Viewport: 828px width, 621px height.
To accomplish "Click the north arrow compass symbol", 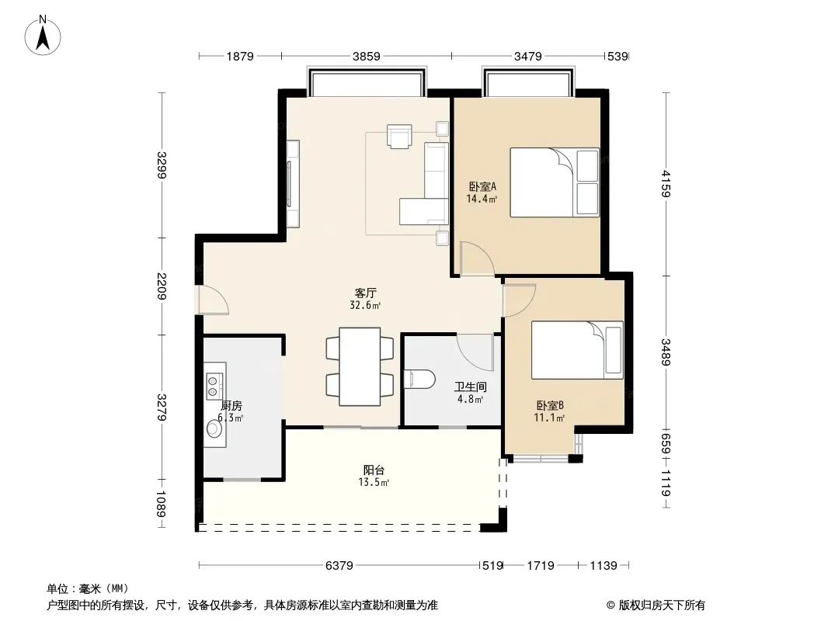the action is [43, 36].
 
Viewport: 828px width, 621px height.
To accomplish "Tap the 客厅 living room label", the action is [365, 293].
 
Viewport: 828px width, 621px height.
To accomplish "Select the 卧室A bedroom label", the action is [482, 187].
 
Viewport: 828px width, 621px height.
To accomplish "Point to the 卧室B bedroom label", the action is [550, 405].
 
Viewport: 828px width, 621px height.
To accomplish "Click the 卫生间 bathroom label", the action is [470, 387].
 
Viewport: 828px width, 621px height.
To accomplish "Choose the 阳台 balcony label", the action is [374, 470].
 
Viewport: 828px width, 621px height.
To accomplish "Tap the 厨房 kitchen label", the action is [231, 406].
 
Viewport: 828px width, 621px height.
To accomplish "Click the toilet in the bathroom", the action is [419, 379].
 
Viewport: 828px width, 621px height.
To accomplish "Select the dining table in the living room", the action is [360, 366].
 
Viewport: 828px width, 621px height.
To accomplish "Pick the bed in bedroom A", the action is [555, 182].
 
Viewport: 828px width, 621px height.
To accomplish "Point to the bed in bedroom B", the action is [577, 350].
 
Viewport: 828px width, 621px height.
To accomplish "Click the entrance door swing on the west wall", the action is [213, 300].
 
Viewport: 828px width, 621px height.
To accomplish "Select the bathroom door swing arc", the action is [475, 352].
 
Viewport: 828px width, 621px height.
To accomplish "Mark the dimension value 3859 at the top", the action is [367, 56].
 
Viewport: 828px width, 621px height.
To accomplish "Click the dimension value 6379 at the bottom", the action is [339, 566].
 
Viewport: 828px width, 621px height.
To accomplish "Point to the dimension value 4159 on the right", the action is [666, 184].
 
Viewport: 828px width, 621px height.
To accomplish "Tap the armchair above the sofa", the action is [399, 136].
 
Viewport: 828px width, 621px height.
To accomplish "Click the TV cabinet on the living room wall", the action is [293, 184].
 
